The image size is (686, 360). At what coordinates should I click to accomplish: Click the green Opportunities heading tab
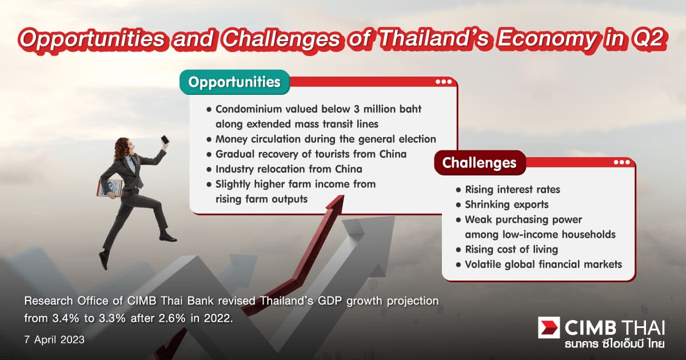pos(234,82)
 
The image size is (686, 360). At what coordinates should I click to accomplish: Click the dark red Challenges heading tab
pos(479,163)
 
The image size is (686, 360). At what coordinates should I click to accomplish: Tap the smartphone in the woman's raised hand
pos(165,140)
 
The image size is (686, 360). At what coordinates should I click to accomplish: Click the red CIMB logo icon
pos(549,327)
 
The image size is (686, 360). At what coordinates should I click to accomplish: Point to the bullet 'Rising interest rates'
pos(512,189)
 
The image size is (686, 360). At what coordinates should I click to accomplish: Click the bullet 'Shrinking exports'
pos(506,205)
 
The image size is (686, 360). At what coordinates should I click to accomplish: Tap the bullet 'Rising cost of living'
pos(510,249)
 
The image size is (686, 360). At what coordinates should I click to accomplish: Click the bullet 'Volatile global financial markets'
pos(543,264)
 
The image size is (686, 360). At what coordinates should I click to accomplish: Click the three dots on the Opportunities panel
pos(443,82)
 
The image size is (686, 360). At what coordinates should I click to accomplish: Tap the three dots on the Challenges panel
pos(621,162)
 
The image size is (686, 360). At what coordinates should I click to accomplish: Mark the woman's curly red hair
pos(122,148)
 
